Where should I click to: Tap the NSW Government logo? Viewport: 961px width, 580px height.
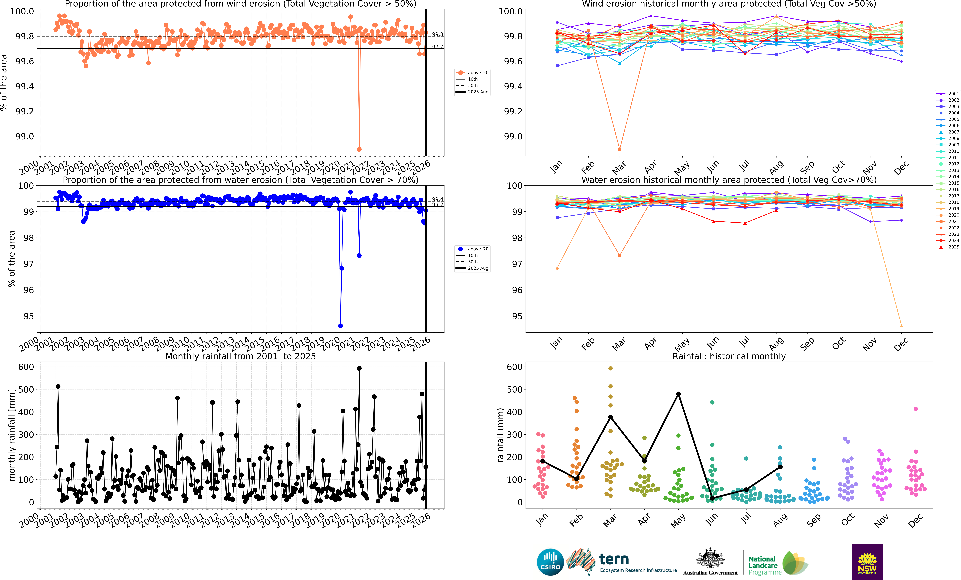click(x=867, y=562)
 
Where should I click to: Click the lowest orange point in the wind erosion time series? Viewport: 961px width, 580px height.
click(x=359, y=149)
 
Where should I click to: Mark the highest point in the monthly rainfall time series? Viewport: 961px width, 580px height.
click(x=359, y=368)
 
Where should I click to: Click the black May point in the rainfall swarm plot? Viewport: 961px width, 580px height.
click(x=678, y=394)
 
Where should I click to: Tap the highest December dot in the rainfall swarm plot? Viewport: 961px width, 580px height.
click(x=916, y=409)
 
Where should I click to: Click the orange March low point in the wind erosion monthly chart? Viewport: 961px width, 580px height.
click(x=620, y=149)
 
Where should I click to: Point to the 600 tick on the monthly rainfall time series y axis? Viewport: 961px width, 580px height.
click(x=26, y=367)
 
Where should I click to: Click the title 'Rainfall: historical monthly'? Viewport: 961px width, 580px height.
click(x=729, y=356)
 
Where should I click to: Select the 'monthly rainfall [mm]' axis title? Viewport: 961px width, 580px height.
click(x=12, y=435)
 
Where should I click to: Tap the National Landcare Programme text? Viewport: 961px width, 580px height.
click(x=764, y=566)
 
